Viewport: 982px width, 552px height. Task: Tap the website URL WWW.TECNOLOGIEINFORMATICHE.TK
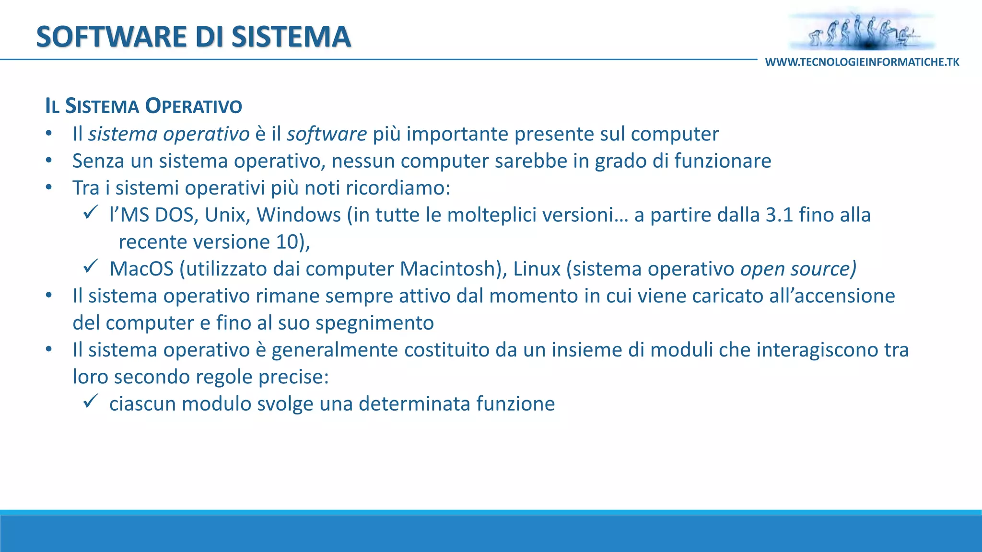pos(862,62)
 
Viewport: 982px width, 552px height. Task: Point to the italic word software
pos(327,134)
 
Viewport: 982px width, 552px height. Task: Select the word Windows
pos(299,215)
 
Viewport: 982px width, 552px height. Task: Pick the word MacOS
pos(141,269)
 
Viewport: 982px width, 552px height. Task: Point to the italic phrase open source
pos(797,269)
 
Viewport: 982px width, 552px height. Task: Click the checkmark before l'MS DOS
pos(91,212)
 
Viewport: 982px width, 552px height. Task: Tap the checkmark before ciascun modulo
pos(91,401)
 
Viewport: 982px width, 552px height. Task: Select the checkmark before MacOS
pos(91,265)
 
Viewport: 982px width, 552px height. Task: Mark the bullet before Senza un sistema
pos(48,161)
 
